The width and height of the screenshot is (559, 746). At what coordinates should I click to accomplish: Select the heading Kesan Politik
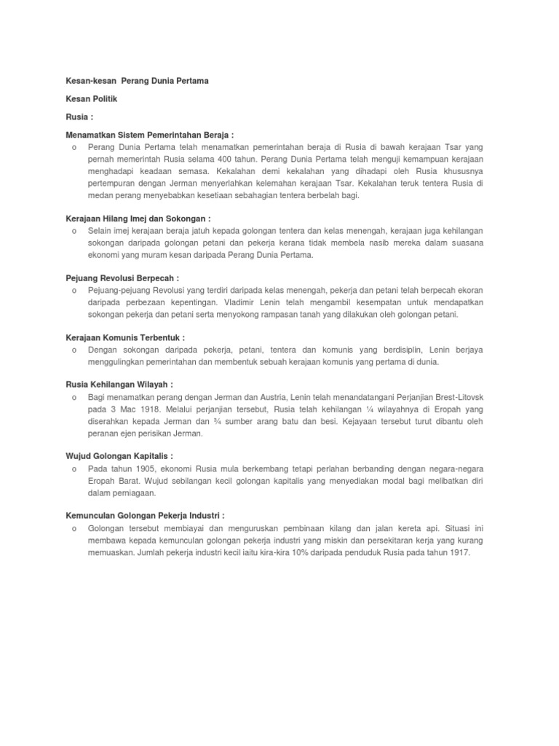91,98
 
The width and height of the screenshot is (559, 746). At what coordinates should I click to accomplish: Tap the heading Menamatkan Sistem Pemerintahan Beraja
149,135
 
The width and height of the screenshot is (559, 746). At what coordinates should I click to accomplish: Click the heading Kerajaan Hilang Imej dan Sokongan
138,218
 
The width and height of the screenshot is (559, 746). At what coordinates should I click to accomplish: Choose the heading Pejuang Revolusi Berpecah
122,278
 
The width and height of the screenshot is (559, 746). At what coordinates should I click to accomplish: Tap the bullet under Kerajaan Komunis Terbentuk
75,350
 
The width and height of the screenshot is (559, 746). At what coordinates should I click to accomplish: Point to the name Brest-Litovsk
457,398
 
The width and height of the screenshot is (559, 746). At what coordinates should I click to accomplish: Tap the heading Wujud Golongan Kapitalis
119,457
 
